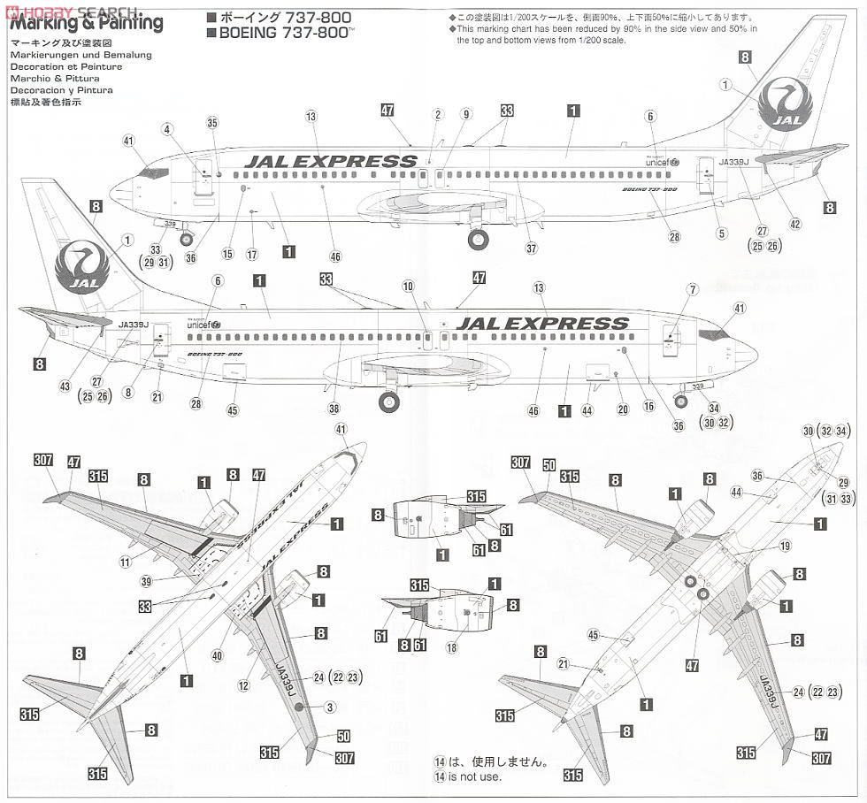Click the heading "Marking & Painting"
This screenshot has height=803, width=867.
tap(88, 24)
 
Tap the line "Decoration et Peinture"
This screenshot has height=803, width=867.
tap(67, 67)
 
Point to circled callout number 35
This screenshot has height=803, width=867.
tap(211, 123)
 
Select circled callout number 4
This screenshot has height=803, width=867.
tap(166, 129)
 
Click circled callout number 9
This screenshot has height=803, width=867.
tap(466, 114)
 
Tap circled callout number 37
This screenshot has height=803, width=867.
tap(531, 249)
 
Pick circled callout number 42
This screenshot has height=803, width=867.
tap(795, 225)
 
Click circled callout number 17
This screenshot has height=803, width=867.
tap(252, 255)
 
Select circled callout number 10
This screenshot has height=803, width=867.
tap(408, 286)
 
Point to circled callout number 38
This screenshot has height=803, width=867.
tap(334, 409)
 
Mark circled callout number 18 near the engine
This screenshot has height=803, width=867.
tap(452, 648)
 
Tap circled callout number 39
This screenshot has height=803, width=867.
tap(148, 581)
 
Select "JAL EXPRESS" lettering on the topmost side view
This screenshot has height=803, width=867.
tap(330, 161)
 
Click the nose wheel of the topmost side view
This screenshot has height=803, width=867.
tap(187, 238)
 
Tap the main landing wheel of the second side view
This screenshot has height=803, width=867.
tap(387, 403)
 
